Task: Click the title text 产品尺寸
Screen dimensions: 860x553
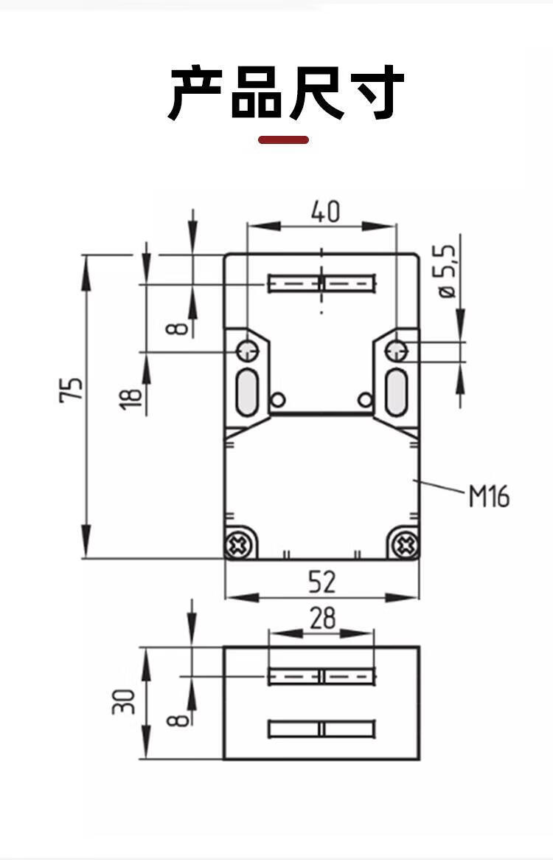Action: [286, 93]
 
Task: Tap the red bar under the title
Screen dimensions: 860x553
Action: [283, 140]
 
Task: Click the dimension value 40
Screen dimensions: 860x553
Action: [324, 213]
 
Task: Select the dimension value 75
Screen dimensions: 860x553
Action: [72, 389]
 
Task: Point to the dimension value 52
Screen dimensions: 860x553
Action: [321, 582]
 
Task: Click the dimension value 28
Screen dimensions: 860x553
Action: [322, 619]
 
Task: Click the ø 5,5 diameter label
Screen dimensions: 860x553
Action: [448, 272]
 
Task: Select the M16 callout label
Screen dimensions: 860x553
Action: [489, 497]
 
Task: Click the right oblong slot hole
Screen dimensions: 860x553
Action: [397, 391]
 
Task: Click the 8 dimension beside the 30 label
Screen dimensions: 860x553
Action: [179, 717]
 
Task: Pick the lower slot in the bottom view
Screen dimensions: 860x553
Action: [321, 729]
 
